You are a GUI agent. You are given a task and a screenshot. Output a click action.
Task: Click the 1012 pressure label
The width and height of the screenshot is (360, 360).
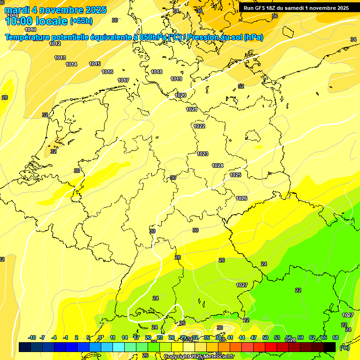(55, 44)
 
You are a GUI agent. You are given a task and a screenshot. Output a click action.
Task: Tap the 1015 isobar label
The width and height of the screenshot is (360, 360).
(95, 64)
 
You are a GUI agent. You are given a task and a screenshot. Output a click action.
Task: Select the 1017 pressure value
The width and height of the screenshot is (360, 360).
(123, 80)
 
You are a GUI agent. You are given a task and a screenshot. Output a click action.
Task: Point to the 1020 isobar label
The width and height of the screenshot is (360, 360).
(180, 95)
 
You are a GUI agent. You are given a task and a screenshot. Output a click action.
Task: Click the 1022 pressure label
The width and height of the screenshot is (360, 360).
(199, 126)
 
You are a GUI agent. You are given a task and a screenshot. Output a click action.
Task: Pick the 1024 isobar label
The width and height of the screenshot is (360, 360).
(217, 165)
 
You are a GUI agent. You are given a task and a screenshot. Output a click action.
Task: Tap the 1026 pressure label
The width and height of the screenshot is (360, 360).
(241, 198)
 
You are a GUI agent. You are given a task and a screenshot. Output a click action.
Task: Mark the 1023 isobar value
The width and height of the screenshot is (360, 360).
(202, 154)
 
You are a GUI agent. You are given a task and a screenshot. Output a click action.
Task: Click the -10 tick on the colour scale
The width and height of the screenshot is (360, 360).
(32, 337)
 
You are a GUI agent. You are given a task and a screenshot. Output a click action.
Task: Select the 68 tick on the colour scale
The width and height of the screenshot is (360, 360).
(336, 337)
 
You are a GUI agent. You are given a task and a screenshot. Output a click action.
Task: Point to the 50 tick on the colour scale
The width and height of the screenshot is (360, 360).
(265, 337)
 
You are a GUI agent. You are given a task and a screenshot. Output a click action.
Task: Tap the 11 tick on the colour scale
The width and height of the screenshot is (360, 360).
(113, 337)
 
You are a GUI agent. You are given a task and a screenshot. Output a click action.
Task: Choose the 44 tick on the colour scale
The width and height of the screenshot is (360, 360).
(242, 337)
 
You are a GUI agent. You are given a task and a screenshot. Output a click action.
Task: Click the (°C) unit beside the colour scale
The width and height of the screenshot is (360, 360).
(344, 347)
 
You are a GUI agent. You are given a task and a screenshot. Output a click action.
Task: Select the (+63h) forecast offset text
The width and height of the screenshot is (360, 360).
(81, 21)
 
